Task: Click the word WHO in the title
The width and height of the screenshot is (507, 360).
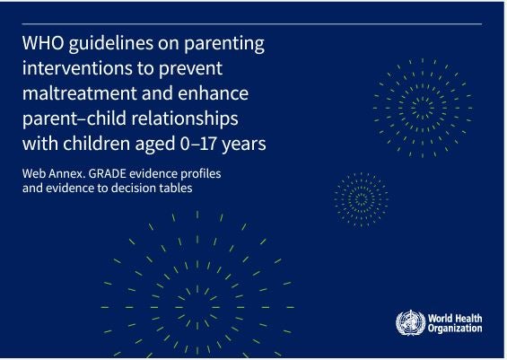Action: pyautogui.click(x=43, y=43)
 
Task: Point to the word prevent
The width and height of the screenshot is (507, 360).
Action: pyautogui.click(x=190, y=69)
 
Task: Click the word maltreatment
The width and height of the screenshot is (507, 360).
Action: pyautogui.click(x=80, y=93)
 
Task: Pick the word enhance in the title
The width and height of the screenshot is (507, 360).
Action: pyautogui.click(x=213, y=93)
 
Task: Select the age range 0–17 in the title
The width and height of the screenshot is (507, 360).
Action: pyautogui.click(x=198, y=144)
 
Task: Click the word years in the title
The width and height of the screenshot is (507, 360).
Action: pyautogui.click(x=244, y=145)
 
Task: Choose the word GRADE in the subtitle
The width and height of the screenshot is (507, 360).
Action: pyautogui.click(x=107, y=173)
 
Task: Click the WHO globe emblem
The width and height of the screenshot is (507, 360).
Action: pyautogui.click(x=411, y=323)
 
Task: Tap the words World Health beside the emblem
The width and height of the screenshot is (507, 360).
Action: pyautogui.click(x=455, y=319)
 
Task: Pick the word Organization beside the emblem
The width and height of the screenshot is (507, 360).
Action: pyautogui.click(x=455, y=329)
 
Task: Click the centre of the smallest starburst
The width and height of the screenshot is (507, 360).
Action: pyautogui.click(x=361, y=199)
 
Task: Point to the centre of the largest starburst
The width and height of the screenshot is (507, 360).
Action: pyautogui.click(x=197, y=307)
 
